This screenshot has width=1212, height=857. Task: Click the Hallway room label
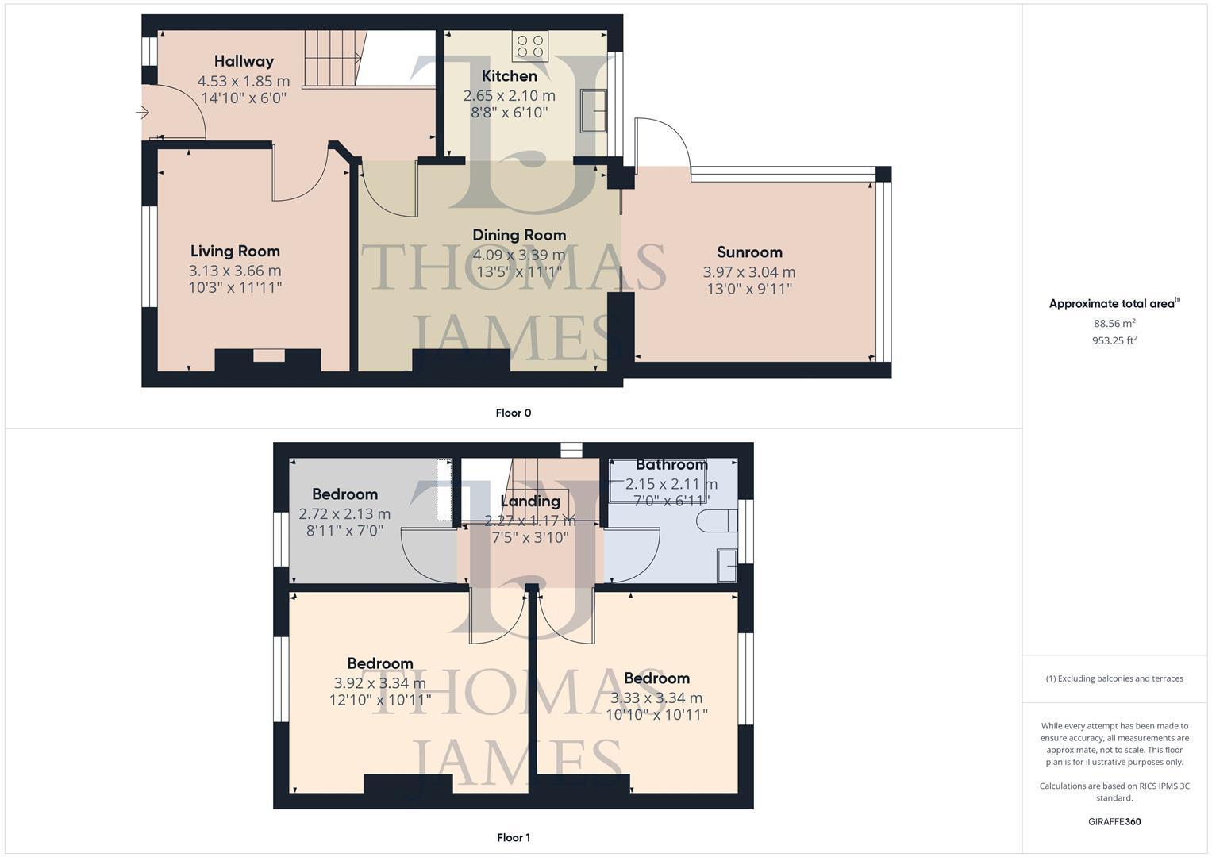[x=244, y=61]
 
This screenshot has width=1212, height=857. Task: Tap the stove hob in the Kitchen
[x=529, y=46]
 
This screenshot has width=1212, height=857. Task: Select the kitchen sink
[x=594, y=110]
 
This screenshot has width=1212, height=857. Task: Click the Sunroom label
[x=749, y=252]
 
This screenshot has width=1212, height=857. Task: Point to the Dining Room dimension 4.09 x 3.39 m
[x=519, y=255]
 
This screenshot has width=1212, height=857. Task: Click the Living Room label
[x=235, y=251]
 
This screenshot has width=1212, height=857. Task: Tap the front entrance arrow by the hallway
[x=143, y=113]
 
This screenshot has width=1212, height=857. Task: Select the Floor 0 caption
[x=513, y=413]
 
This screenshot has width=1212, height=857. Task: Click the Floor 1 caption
[x=513, y=837]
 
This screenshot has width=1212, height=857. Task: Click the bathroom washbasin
[x=726, y=564]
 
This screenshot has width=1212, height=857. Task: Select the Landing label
[x=530, y=501]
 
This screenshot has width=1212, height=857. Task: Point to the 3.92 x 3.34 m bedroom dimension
[x=380, y=682]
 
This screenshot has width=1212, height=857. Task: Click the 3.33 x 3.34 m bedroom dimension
[x=656, y=698]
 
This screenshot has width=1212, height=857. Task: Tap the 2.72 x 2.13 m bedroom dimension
[x=344, y=513]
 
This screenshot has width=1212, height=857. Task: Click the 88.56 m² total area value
[x=1114, y=323]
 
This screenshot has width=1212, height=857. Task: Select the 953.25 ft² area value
[x=1114, y=340]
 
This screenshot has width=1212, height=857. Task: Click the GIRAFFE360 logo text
[x=1114, y=821]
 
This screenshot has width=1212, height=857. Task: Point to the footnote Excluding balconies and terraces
[x=1114, y=678]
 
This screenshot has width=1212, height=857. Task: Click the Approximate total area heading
[x=1114, y=303]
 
